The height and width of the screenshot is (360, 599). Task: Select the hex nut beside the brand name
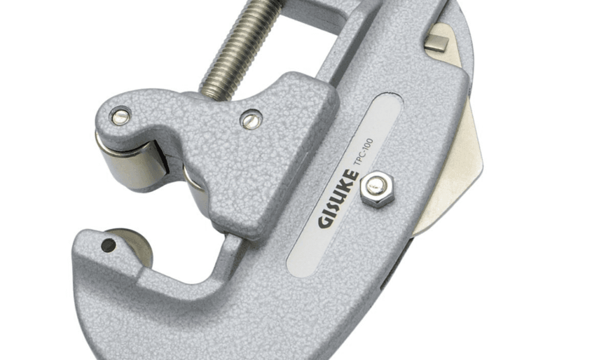point(376,190)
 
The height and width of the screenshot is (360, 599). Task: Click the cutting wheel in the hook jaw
point(132,246)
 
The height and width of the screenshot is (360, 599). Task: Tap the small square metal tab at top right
point(438,42)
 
